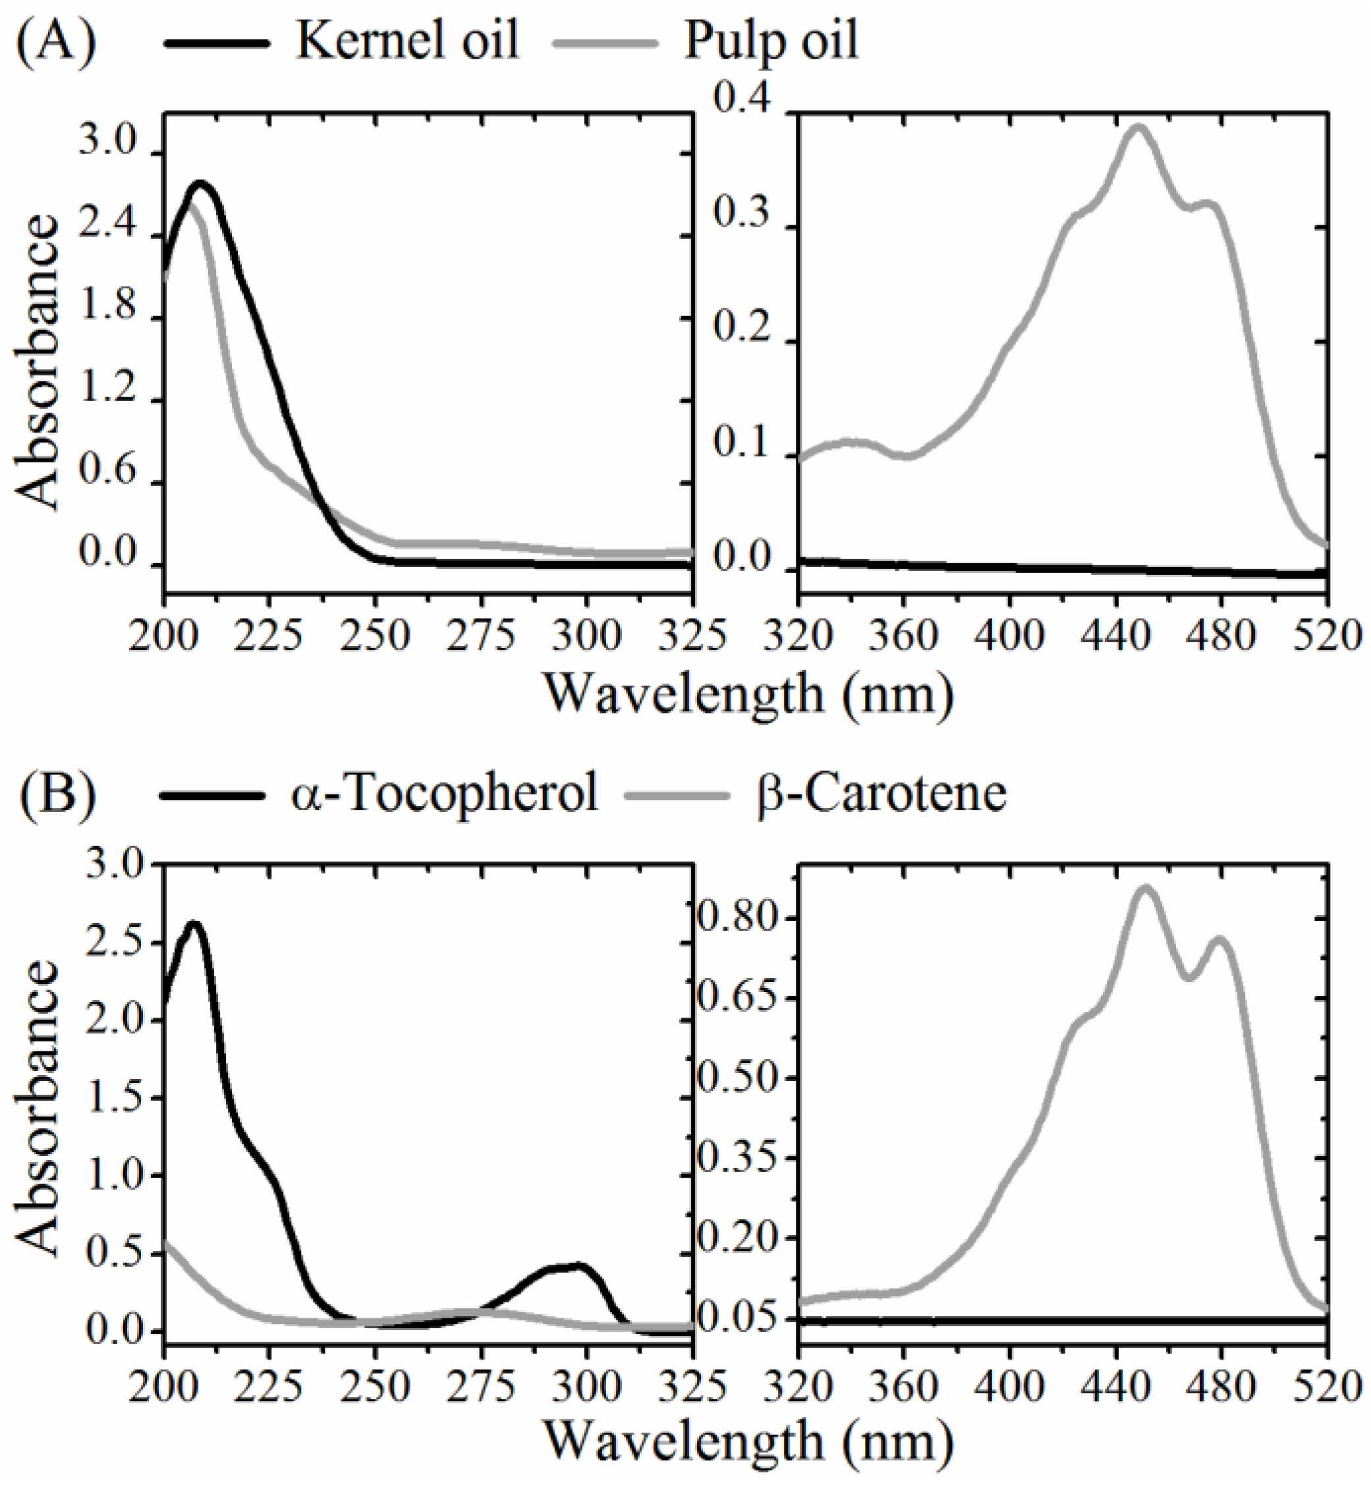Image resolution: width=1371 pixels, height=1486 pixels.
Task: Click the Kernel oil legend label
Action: tap(406, 41)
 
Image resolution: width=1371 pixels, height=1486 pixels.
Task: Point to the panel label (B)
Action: tap(57, 792)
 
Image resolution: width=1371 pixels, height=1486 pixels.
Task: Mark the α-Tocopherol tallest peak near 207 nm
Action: tap(194, 923)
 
